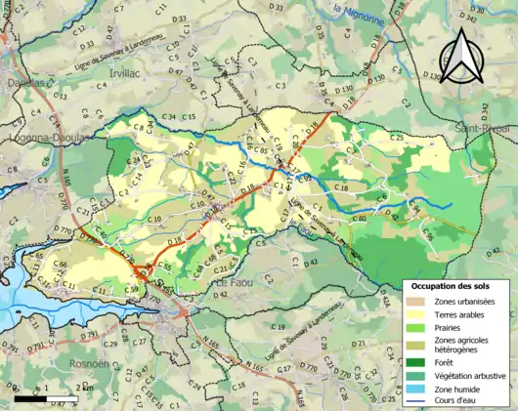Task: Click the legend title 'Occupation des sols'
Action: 451,287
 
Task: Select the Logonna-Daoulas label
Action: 46,138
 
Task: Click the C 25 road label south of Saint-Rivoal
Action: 397,137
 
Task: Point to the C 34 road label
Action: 169,118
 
